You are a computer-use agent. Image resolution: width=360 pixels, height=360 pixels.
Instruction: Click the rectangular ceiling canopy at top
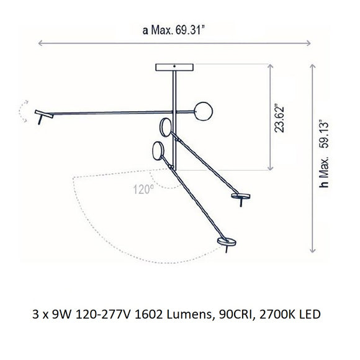point(175,68)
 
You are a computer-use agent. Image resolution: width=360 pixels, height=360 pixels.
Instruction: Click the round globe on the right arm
point(202,112)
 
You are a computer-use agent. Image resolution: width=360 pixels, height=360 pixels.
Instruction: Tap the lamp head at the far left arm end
point(43,117)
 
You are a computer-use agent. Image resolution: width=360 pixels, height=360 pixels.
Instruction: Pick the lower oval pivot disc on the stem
point(159,151)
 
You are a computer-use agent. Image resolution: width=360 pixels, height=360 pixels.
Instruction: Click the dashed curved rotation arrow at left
point(24,111)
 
